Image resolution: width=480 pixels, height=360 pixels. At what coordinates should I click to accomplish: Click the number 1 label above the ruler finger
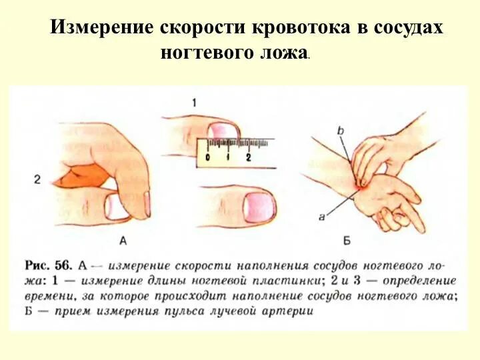pyautogui.click(x=193, y=103)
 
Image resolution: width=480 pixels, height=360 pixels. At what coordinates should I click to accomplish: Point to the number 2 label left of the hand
pyautogui.click(x=37, y=179)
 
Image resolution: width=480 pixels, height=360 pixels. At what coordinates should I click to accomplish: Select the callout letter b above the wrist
pyautogui.click(x=340, y=132)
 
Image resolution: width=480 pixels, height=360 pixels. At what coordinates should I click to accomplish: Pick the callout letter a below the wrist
pyautogui.click(x=322, y=215)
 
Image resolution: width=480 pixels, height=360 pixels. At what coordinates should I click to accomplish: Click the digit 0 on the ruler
pyautogui.click(x=209, y=157)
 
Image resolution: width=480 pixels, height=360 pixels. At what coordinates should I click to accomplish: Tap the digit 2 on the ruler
pyautogui.click(x=248, y=157)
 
